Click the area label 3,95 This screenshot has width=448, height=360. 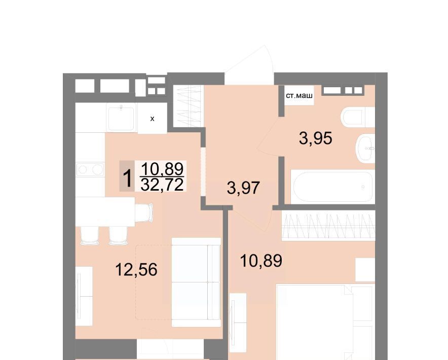[315, 139]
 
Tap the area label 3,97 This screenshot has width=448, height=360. [243, 188]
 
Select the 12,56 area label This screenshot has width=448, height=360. [136, 270]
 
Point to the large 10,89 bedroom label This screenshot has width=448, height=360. [261, 261]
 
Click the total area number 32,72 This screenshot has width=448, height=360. [162, 185]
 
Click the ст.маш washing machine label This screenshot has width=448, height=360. [299, 95]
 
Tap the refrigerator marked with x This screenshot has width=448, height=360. [152, 118]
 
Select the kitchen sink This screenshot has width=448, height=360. [122, 118]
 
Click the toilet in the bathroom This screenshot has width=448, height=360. [358, 117]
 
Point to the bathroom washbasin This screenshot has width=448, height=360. [365, 148]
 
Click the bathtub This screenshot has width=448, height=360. [332, 187]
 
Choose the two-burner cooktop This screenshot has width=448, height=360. [90, 169]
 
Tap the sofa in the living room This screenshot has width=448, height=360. [196, 282]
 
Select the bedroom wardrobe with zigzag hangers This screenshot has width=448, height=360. [328, 226]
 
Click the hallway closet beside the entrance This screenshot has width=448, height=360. [189, 106]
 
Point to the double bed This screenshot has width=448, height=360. [325, 322]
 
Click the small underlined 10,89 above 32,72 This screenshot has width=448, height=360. [162, 169]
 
